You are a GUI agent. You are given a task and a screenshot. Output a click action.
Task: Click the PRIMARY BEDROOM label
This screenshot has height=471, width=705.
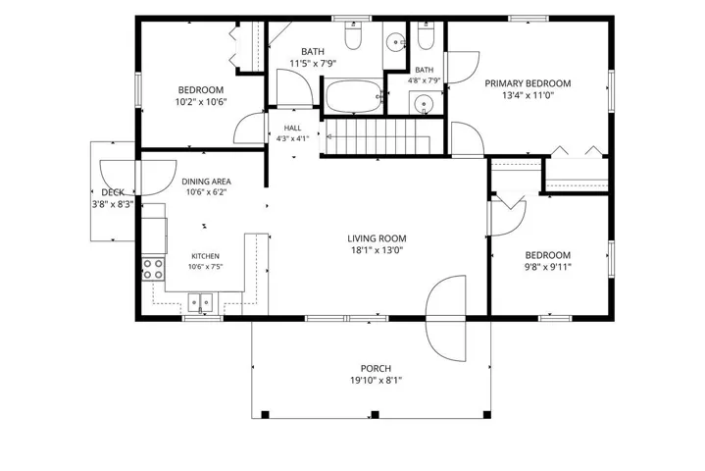tap(528, 83)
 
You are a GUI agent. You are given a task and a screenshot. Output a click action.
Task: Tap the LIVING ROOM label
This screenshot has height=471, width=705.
tap(377, 238)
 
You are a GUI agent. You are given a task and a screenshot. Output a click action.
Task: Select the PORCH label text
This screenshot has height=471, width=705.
tap(376, 368)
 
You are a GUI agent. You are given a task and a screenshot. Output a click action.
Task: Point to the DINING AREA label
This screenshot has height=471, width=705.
tap(206, 182)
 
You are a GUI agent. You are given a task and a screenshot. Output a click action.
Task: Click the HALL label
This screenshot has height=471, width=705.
tap(293, 129)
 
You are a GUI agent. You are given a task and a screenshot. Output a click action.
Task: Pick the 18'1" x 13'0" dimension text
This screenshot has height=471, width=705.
tap(377, 250)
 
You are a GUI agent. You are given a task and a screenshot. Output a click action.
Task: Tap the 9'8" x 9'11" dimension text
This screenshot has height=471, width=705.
tap(548, 267)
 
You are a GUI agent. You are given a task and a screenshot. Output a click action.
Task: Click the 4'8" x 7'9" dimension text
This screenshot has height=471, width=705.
tap(424, 81)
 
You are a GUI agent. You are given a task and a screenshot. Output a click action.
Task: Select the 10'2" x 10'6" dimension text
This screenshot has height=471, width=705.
tap(201, 102)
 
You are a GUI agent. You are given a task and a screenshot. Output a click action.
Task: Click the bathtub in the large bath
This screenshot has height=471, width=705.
tap(354, 96)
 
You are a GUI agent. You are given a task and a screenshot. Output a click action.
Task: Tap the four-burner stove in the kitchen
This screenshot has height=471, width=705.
tap(153, 269)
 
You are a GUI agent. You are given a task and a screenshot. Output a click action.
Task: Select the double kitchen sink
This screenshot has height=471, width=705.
tap(201, 302)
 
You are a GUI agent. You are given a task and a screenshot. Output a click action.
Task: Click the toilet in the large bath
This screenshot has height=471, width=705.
tap(353, 35)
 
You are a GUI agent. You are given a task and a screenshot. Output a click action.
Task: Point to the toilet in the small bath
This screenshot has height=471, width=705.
tap(425, 35)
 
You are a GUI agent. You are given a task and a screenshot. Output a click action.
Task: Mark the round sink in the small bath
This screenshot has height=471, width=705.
tap(423, 104)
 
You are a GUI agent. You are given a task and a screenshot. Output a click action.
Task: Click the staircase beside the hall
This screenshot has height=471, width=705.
tap(378, 135)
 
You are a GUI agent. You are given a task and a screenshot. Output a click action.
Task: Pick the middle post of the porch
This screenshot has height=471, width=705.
tap(375, 415)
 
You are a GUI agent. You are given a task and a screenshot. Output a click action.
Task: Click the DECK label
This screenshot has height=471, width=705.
tap(113, 192)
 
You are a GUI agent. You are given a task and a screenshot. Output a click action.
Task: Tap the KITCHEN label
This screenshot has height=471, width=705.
tap(206, 256)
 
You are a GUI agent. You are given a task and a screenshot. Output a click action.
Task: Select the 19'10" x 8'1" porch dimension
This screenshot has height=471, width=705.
tap(376, 381)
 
